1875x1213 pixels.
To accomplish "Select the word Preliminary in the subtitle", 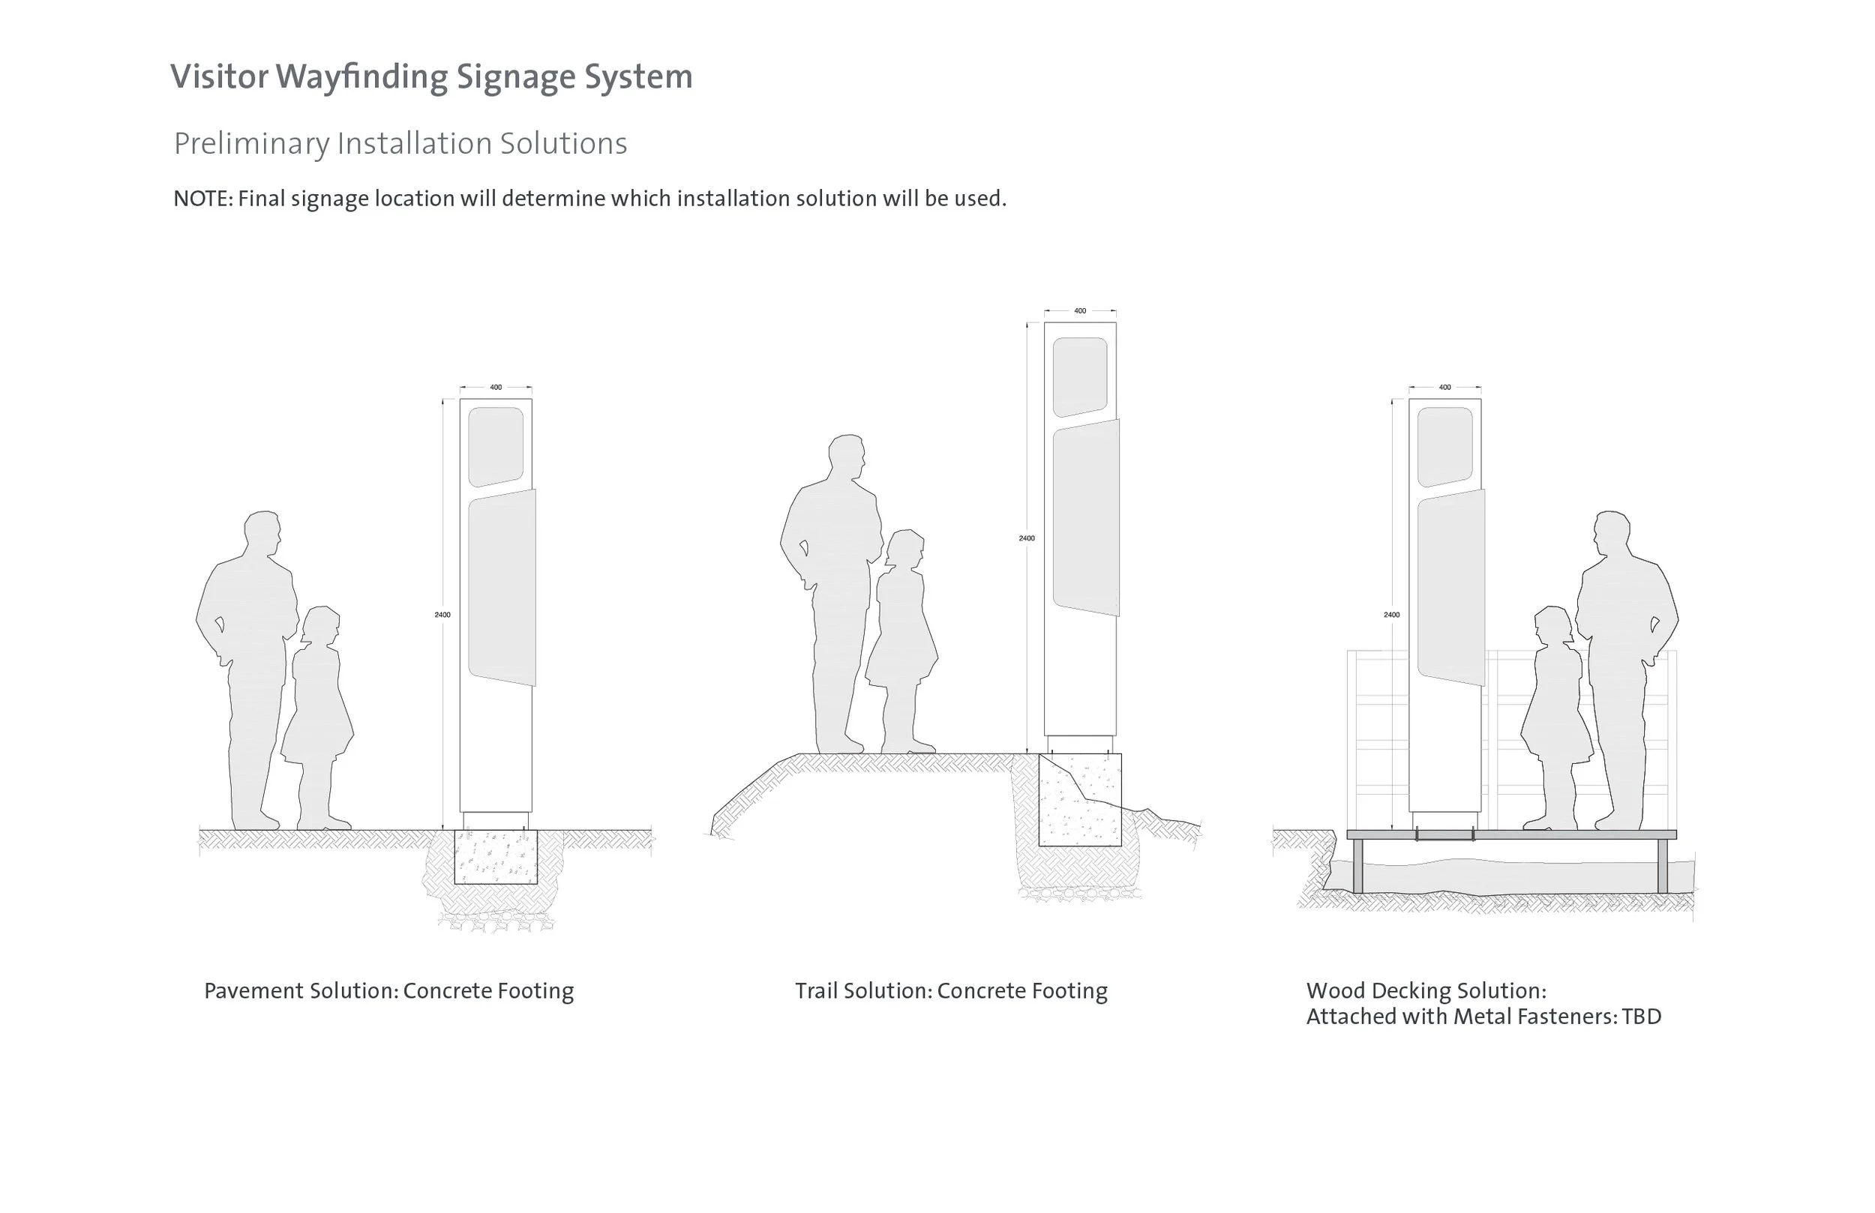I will pos(251,143).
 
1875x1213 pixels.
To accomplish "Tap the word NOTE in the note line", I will pos(202,199).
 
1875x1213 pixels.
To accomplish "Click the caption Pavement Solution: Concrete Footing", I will pos(388,991).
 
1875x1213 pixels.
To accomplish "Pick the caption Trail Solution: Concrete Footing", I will pos(951,991).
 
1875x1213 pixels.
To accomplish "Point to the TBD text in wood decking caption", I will pos(1641,1017).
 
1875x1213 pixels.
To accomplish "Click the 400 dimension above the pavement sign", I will pos(496,388).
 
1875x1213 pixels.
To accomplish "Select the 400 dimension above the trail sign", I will pos(1080,311).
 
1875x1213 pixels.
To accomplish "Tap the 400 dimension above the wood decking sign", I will pos(1444,388).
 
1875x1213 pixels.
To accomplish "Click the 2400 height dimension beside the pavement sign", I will pos(442,615).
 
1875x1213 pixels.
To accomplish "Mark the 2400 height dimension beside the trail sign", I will pos(1027,538).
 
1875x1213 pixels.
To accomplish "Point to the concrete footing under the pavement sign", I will pos(496,857).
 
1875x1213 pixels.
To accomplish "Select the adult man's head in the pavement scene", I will pos(262,534).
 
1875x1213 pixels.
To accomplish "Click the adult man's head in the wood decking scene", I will pos(1611,534).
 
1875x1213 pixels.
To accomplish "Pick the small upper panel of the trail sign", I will pos(1080,376).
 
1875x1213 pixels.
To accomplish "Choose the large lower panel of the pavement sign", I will pos(502,587).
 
